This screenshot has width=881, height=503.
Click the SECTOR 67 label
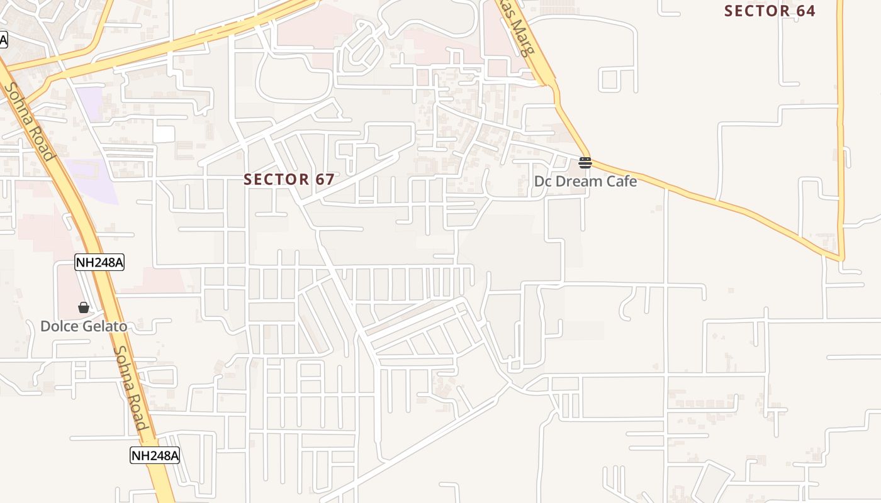[x=289, y=179]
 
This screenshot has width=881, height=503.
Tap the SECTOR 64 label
[x=770, y=11]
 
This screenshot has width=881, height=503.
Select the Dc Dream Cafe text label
[x=585, y=181]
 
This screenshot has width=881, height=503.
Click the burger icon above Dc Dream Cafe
[x=585, y=163]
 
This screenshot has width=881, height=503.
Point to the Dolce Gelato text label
[x=84, y=326]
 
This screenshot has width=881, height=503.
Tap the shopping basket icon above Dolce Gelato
[x=84, y=307]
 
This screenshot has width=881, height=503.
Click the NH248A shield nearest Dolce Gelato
[x=99, y=262]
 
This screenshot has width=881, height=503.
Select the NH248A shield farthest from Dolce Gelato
[x=155, y=455]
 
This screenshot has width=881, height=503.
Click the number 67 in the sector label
[x=325, y=179]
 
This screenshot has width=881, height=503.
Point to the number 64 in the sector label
[x=805, y=11]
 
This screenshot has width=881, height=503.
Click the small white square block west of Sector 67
[x=164, y=134]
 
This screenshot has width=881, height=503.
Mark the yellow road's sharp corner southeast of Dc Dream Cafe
[x=841, y=258]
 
